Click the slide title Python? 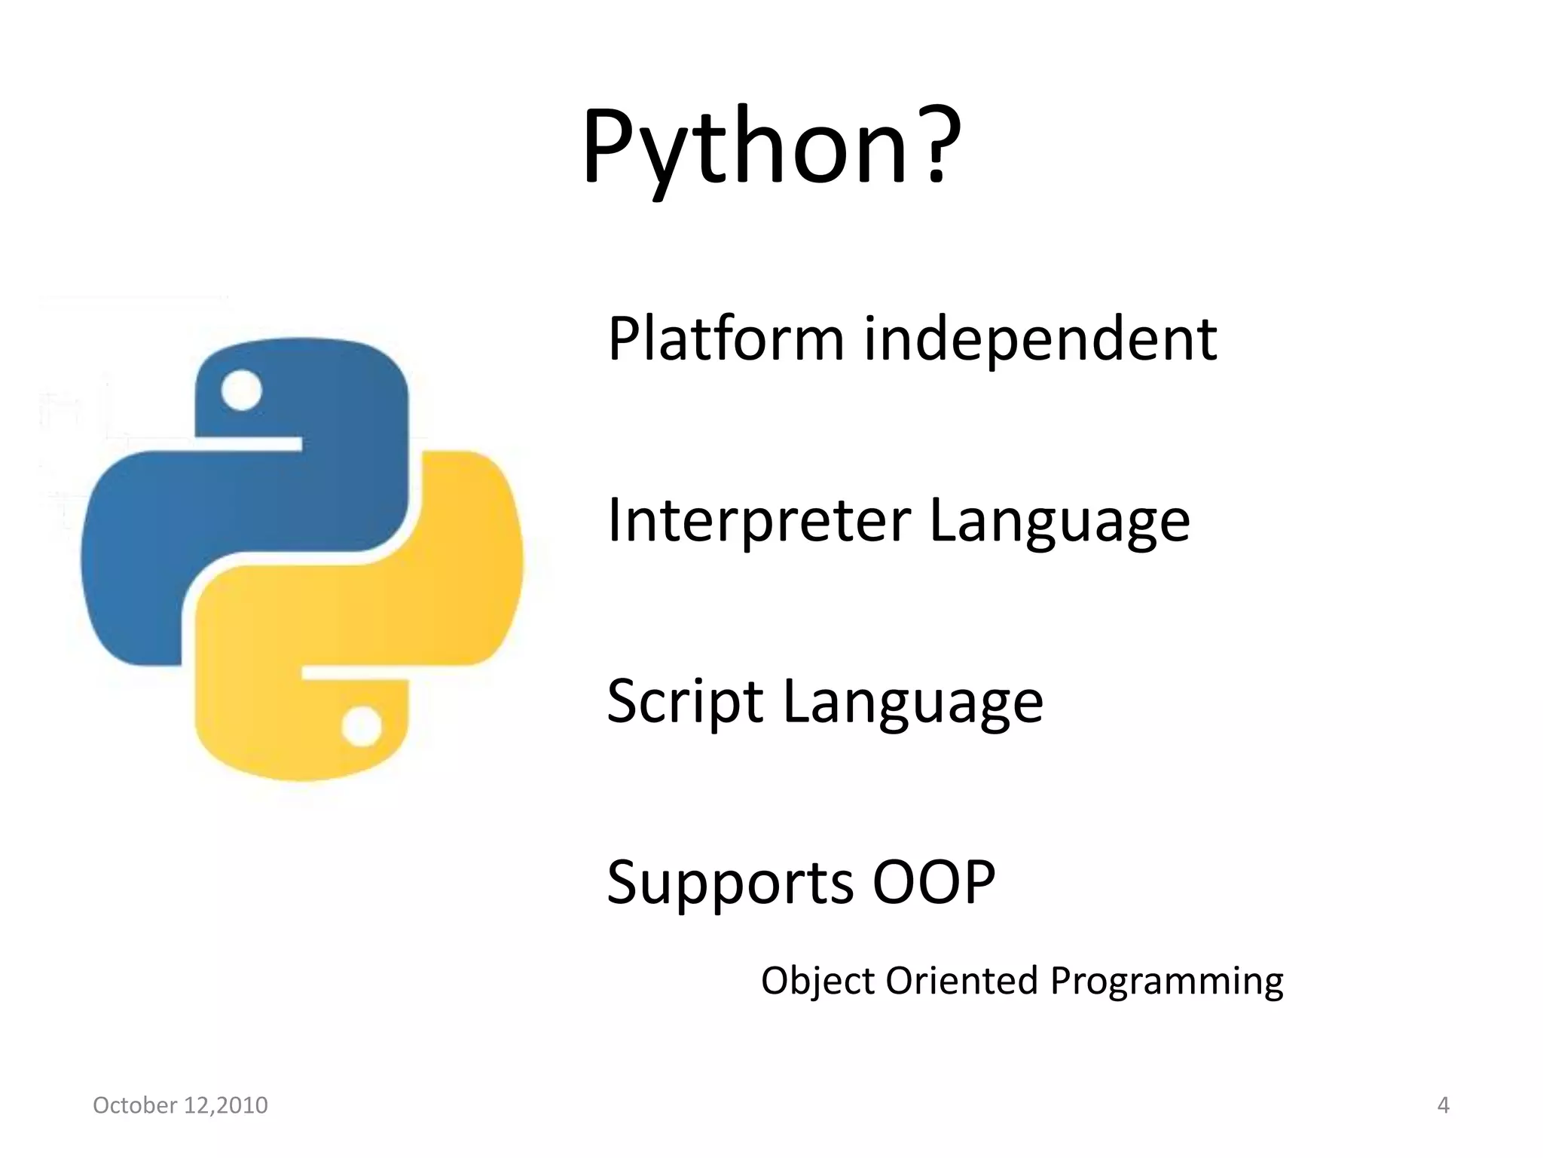click(771, 147)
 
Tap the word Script click(685, 703)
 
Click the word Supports click(730, 884)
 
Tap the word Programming click(1166, 982)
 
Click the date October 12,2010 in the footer click(180, 1105)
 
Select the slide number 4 click(1443, 1105)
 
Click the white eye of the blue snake click(242, 391)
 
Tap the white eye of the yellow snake click(362, 727)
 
